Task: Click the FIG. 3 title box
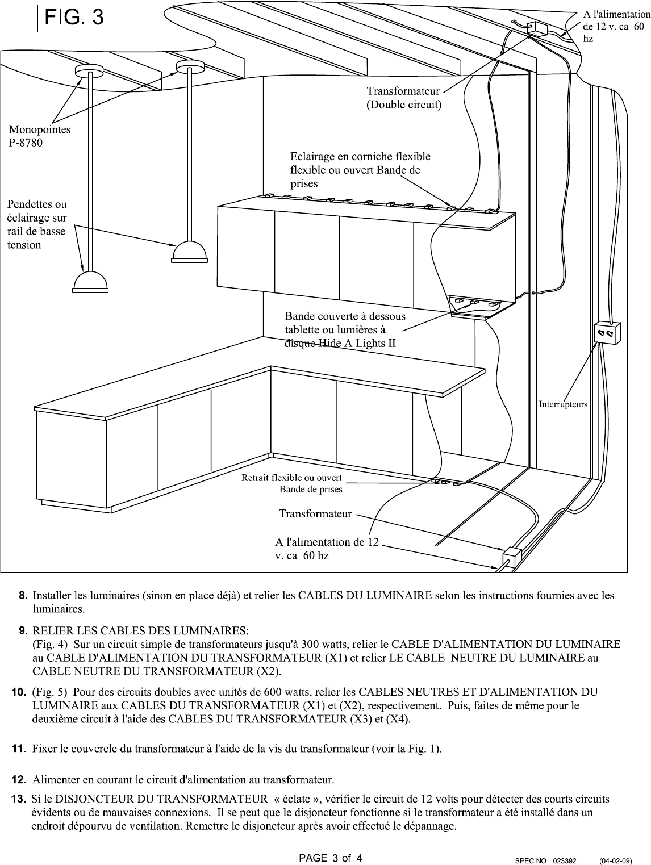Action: (x=74, y=18)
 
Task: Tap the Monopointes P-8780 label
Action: (x=40, y=136)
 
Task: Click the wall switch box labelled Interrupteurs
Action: (x=607, y=333)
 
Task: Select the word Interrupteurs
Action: (x=563, y=404)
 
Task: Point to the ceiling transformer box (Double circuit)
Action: (x=537, y=28)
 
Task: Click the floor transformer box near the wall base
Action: (x=512, y=557)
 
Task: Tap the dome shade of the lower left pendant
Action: (x=90, y=282)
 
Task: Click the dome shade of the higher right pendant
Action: (x=190, y=252)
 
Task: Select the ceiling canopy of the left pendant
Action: (x=89, y=70)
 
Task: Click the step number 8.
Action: (x=23, y=595)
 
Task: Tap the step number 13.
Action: (x=19, y=799)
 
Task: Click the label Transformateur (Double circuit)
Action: (x=403, y=98)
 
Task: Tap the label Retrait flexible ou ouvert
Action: (x=291, y=478)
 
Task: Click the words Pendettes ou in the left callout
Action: (x=37, y=204)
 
